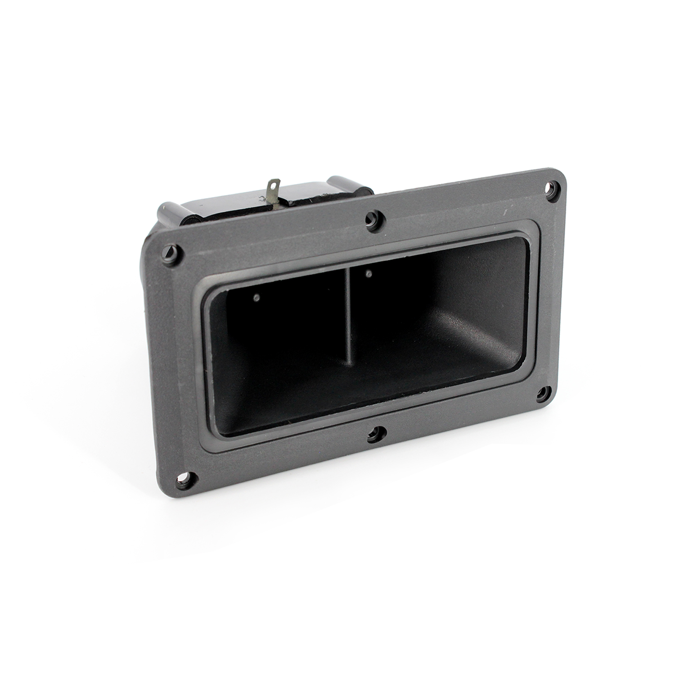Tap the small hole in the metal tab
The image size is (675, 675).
click(273, 185)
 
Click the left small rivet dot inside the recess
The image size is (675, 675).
click(257, 297)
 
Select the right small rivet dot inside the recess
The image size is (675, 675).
click(369, 273)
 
